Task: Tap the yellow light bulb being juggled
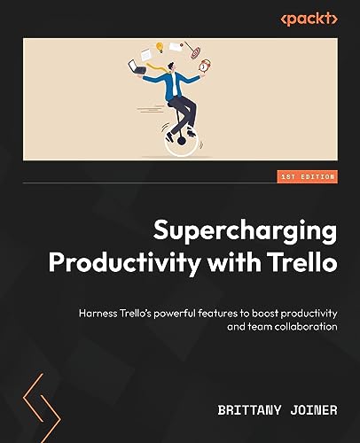tap(161, 47)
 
